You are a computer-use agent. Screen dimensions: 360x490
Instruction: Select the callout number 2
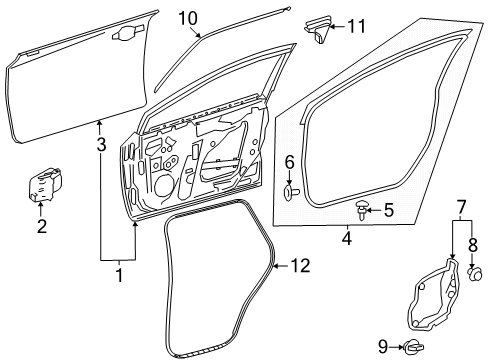tap(42, 226)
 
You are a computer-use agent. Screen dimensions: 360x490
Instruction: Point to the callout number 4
tap(346, 238)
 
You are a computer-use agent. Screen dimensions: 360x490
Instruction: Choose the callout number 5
tap(389, 211)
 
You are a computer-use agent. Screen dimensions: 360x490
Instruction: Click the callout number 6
tap(289, 161)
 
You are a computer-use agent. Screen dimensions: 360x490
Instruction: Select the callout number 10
tap(188, 17)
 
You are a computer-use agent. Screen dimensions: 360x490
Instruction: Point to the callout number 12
tap(301, 265)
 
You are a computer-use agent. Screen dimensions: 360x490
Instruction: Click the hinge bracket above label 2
tap(43, 186)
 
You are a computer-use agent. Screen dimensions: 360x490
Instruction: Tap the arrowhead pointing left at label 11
tap(336, 26)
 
